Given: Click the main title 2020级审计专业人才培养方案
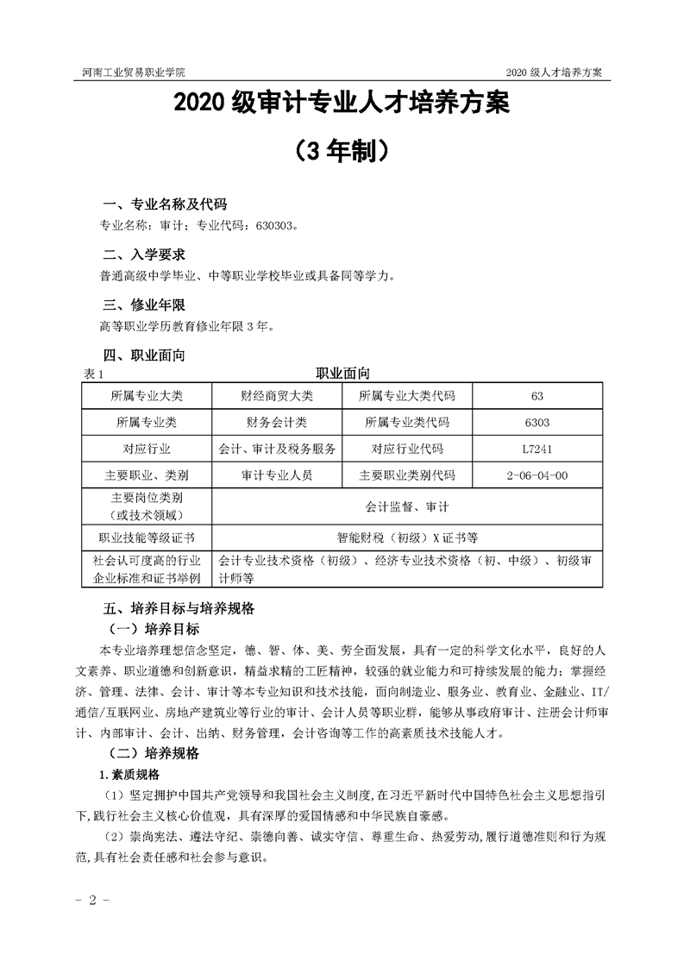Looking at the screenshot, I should pos(342,104).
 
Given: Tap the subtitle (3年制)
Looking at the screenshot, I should pos(342,152).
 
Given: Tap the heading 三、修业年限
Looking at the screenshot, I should pos(144,305).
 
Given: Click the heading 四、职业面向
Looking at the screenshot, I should pos(144,355).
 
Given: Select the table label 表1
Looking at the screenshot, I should pos(92,374).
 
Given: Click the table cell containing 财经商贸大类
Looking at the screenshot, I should pos(277,396).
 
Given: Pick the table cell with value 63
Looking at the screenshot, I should pos(537,396).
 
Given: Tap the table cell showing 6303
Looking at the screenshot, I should pos(537,423).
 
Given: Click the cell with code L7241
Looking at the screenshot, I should pos(537,449).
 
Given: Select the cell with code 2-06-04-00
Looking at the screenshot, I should pos(537,475).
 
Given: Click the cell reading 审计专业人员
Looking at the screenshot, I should pos(277,475).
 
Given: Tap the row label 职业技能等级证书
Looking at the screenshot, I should pos(147,537).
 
